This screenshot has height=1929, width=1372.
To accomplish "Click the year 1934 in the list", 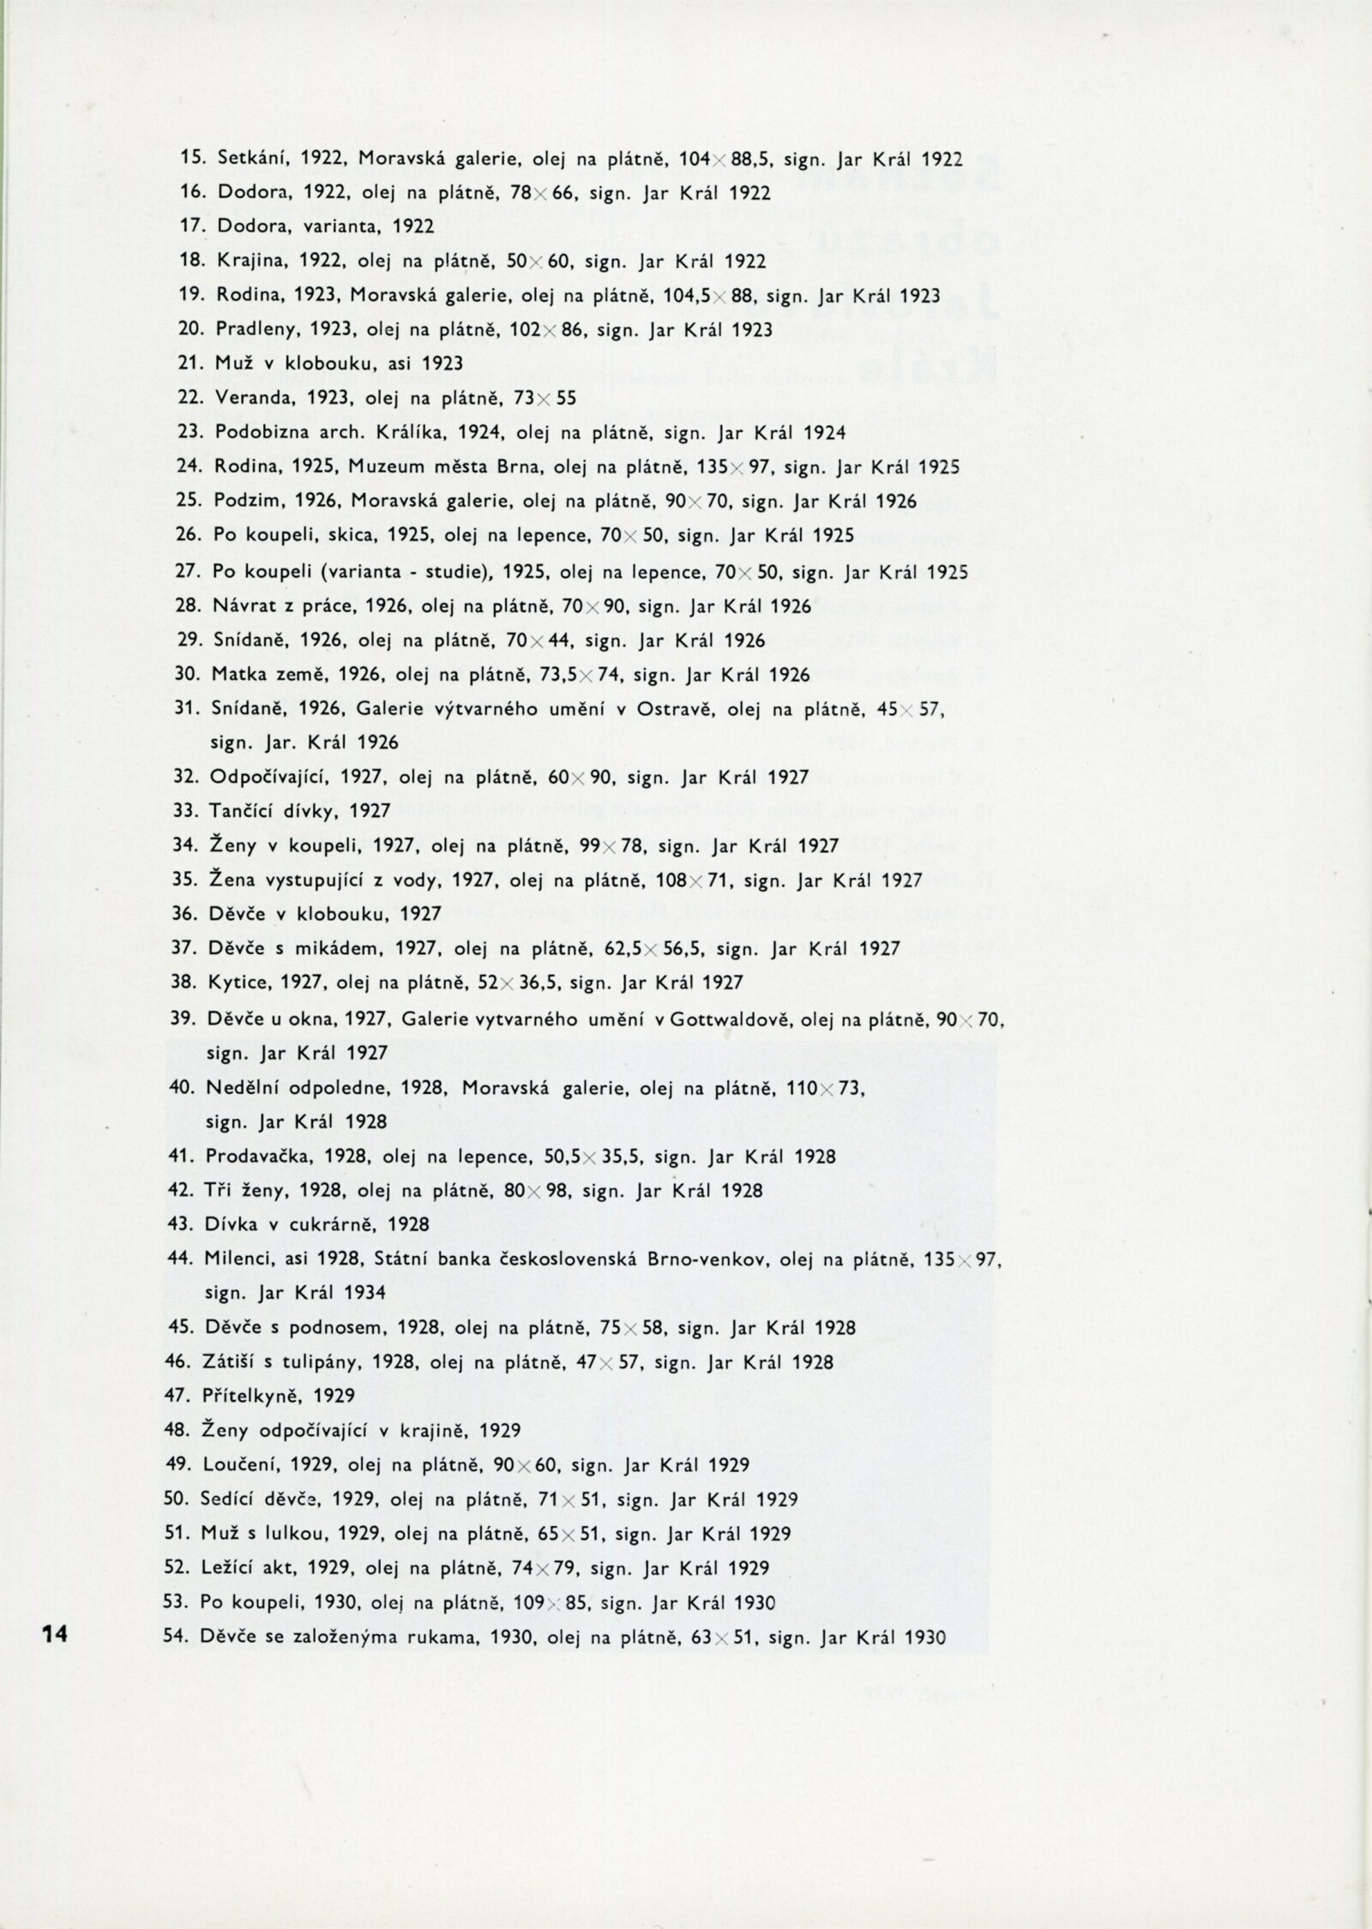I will click(367, 1293).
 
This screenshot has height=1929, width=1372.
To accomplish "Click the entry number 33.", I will click(186, 810).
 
